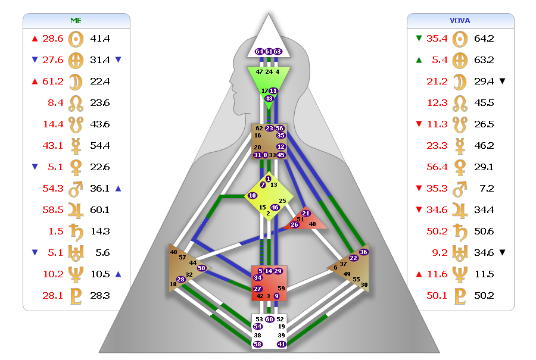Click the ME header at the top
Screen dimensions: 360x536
click(x=76, y=20)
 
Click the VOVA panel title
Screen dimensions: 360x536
click(x=460, y=20)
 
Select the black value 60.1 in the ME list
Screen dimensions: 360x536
click(x=99, y=210)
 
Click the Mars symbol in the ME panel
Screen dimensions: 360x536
click(x=76, y=189)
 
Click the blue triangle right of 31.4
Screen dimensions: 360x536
click(x=118, y=60)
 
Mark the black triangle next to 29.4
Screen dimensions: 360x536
click(x=502, y=81)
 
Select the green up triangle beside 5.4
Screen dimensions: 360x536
click(x=419, y=60)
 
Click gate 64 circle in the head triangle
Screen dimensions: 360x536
click(x=259, y=52)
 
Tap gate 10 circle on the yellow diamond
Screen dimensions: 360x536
click(x=253, y=195)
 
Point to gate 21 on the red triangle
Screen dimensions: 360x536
click(x=306, y=213)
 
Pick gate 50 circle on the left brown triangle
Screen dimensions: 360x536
click(x=201, y=268)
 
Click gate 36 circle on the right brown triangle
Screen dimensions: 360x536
click(x=364, y=252)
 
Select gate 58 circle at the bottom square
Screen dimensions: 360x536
click(x=258, y=344)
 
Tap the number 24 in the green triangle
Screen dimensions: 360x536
click(x=269, y=71)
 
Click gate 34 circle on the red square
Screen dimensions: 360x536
click(x=258, y=277)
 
